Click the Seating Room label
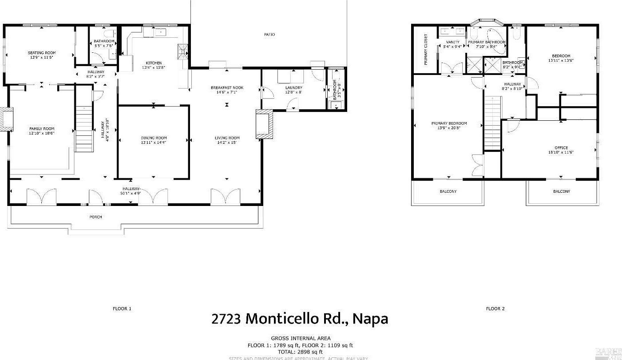(x=42, y=53)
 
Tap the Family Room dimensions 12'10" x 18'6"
(x=42, y=133)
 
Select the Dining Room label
(x=154, y=138)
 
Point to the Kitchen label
(x=152, y=63)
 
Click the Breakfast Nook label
(x=227, y=88)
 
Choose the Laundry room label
(x=293, y=88)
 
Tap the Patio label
(x=269, y=34)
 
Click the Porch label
(x=95, y=217)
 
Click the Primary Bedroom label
(x=449, y=123)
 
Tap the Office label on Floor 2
(x=561, y=148)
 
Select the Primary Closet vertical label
(x=425, y=50)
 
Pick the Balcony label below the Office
(x=561, y=191)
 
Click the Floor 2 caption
(x=495, y=309)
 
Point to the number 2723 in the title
(x=226, y=319)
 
